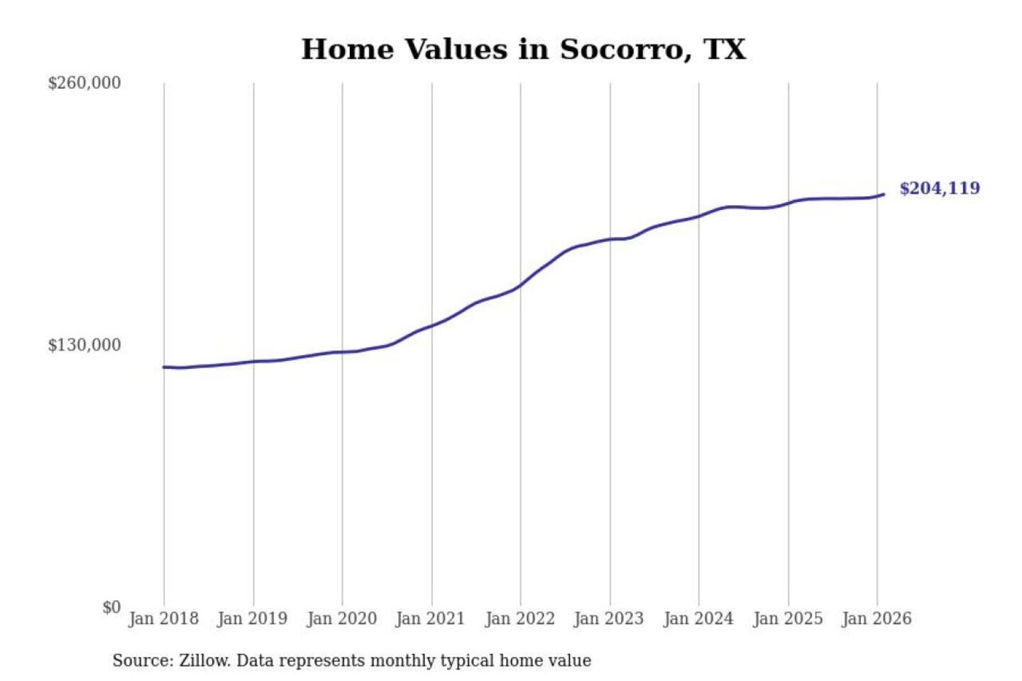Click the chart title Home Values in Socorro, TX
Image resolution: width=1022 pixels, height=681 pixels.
pyautogui.click(x=523, y=50)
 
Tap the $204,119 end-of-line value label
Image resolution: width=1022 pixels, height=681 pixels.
pyautogui.click(x=940, y=188)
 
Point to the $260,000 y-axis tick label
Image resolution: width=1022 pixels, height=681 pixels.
pyautogui.click(x=84, y=83)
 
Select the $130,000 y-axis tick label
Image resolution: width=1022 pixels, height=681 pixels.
pyautogui.click(x=84, y=345)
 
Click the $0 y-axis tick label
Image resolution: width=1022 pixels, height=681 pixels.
pyautogui.click(x=111, y=607)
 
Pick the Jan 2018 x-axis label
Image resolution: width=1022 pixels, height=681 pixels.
pyautogui.click(x=163, y=619)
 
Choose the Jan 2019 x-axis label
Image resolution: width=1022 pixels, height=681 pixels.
pyautogui.click(x=252, y=619)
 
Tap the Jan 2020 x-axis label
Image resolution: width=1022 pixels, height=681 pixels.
pyautogui.click(x=341, y=619)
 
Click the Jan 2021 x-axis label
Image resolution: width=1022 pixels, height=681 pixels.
pyautogui.click(x=430, y=619)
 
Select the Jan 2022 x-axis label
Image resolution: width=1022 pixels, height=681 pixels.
pyautogui.click(x=520, y=619)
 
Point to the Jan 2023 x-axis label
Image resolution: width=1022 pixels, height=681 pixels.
pyautogui.click(x=608, y=619)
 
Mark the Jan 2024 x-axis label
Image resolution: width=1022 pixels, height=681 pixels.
pyautogui.click(x=698, y=619)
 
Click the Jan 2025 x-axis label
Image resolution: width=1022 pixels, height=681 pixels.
pyautogui.click(x=787, y=619)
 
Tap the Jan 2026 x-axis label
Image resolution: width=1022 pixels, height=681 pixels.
pyautogui.click(x=876, y=619)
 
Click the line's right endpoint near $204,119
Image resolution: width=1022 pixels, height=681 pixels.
pyautogui.click(x=884, y=194)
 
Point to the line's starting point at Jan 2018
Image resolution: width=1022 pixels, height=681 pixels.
pyautogui.click(x=164, y=367)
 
